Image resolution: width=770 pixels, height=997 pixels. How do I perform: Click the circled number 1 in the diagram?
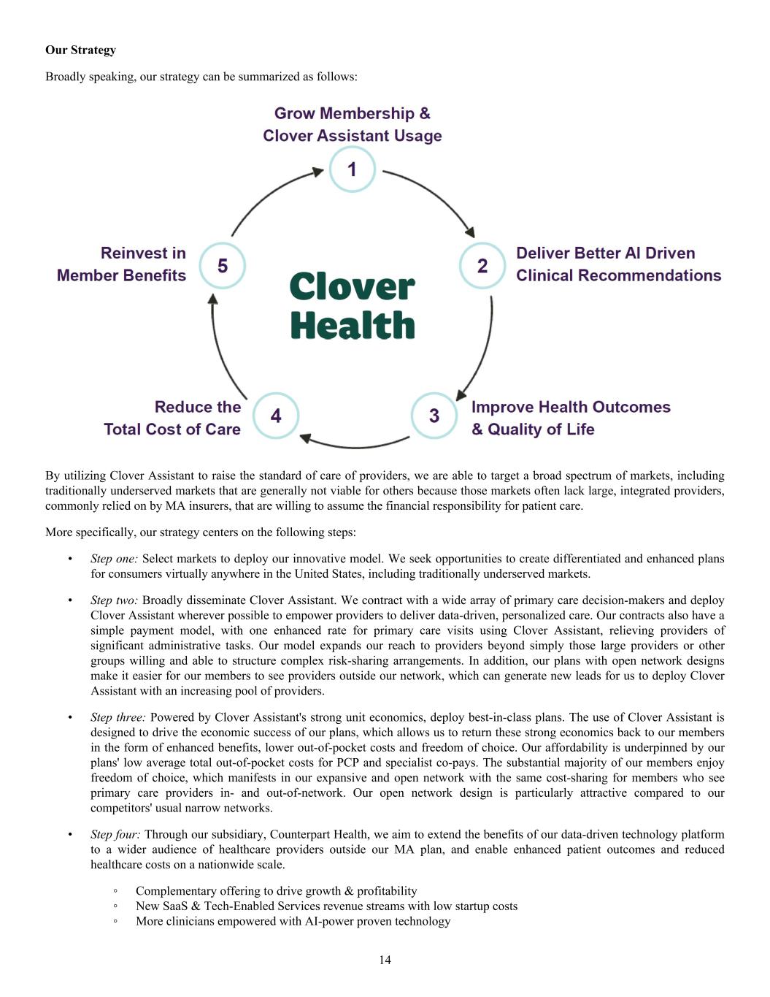(x=353, y=169)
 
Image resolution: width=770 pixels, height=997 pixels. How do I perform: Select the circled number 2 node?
(x=482, y=266)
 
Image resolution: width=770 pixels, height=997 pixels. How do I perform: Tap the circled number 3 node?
(x=434, y=416)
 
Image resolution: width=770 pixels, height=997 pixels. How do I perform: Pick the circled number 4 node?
(x=275, y=416)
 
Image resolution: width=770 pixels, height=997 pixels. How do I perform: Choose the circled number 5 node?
(x=223, y=266)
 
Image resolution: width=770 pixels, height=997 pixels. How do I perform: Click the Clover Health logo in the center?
(x=353, y=306)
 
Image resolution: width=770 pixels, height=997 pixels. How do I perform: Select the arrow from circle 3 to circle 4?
(x=355, y=444)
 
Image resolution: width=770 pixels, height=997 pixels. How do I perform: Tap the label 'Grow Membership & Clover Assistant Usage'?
(x=353, y=124)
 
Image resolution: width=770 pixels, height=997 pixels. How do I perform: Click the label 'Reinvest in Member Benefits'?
(x=122, y=264)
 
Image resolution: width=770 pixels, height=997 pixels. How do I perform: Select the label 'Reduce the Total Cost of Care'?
(x=172, y=418)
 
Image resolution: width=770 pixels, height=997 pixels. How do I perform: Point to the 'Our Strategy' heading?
(x=80, y=50)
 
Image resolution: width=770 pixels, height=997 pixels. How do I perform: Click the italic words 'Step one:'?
(x=115, y=559)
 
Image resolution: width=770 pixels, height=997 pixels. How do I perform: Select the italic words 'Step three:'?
(x=118, y=717)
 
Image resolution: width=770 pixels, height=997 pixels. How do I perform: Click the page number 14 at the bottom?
(x=385, y=960)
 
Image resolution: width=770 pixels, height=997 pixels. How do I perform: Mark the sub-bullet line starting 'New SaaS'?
(x=326, y=906)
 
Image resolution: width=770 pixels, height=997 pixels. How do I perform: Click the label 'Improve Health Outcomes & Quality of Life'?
(x=571, y=418)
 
